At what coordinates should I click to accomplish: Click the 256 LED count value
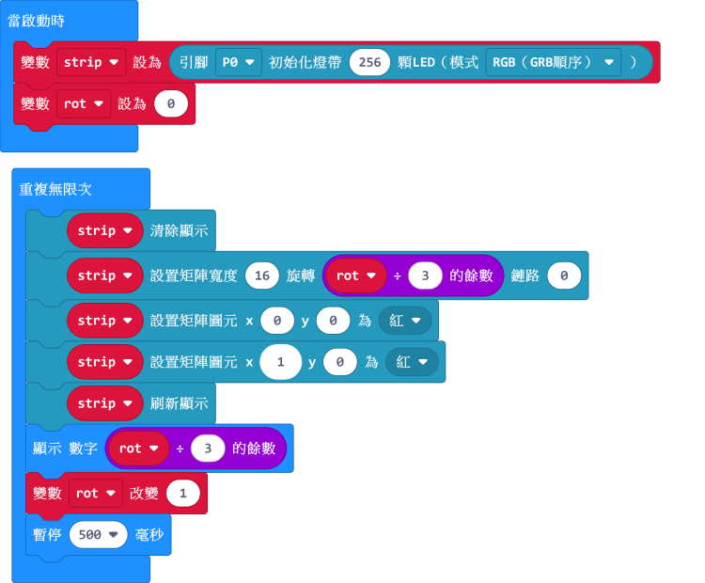[x=369, y=62]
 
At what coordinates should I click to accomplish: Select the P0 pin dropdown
[x=238, y=62]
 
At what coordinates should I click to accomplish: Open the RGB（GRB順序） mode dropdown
[x=554, y=62]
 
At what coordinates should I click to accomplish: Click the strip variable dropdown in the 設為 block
[x=91, y=62]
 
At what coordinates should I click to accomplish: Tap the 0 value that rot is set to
[x=170, y=103]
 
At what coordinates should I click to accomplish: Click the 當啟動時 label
[x=37, y=20]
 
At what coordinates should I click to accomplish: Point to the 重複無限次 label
[x=55, y=189]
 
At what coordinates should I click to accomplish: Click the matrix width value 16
[x=261, y=276]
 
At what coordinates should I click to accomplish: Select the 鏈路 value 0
[x=563, y=276]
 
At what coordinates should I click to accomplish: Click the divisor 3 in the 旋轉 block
[x=425, y=276]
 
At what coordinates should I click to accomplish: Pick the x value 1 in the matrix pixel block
[x=280, y=362]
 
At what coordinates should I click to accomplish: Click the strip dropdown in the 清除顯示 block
[x=103, y=230]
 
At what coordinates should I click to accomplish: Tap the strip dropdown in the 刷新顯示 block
[x=103, y=403]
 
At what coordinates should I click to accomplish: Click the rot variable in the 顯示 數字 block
[x=137, y=449]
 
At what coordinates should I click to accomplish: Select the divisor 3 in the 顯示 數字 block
[x=208, y=449]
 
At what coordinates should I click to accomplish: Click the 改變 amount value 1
[x=182, y=493]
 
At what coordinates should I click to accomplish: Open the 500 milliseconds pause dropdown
[x=98, y=534]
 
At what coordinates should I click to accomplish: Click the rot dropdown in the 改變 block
[x=94, y=493]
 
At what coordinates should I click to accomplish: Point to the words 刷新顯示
[x=179, y=403]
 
